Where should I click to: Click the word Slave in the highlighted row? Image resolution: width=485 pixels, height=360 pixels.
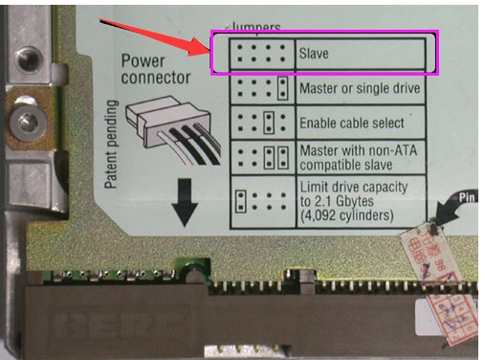(315, 54)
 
